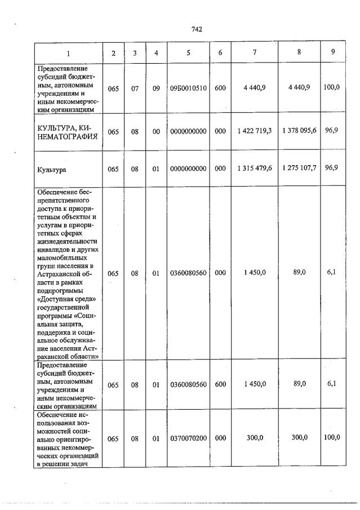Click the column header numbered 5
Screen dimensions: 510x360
click(x=188, y=53)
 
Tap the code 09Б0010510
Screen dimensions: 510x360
click(x=188, y=88)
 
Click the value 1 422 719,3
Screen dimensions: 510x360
click(x=255, y=131)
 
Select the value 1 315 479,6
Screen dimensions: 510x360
click(x=255, y=168)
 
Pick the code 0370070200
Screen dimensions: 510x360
click(x=188, y=438)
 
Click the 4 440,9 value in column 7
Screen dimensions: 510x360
click(x=255, y=88)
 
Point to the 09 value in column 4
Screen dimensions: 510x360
click(x=156, y=88)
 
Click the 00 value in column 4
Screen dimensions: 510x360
click(x=156, y=131)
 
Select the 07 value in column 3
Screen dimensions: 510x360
click(x=135, y=88)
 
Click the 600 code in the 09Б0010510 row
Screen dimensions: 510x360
click(x=220, y=88)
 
